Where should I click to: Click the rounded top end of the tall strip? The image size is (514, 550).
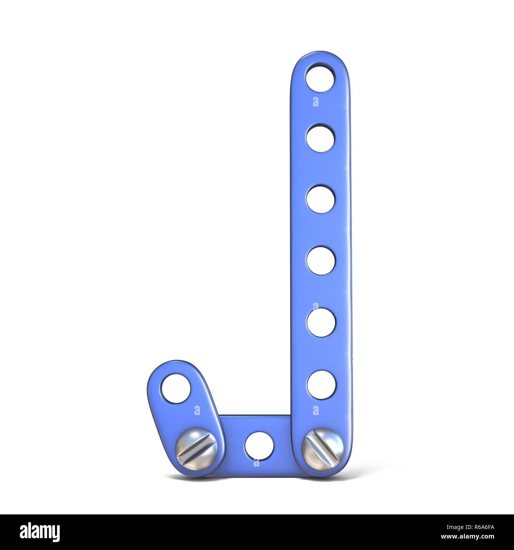(321, 55)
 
